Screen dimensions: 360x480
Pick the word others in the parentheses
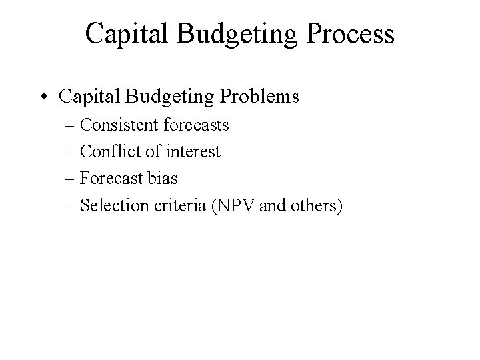point(315,206)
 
